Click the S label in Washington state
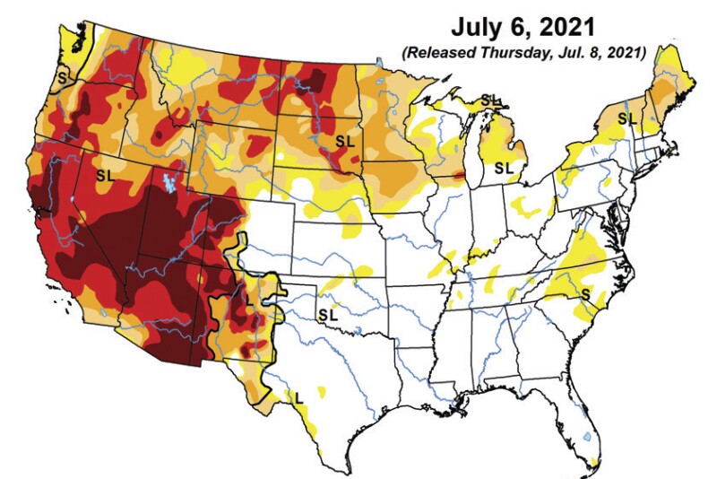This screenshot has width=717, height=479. (x=61, y=77)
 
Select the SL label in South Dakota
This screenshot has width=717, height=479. (x=345, y=141)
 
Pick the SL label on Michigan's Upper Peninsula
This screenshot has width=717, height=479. (x=491, y=98)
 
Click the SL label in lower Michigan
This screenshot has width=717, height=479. (x=505, y=167)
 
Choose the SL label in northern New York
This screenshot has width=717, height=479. (x=626, y=118)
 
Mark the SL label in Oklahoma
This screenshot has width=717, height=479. (x=328, y=315)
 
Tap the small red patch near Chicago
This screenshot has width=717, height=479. (x=461, y=178)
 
